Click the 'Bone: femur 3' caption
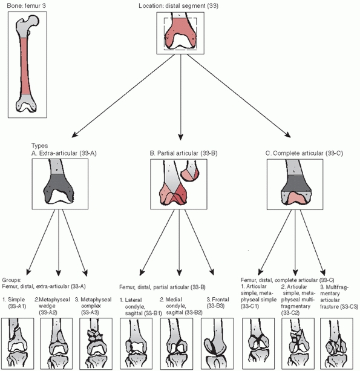pyautogui.click(x=26, y=5)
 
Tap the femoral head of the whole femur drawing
pyautogui.click(x=33, y=20)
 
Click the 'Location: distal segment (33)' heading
pyautogui.click(x=178, y=5)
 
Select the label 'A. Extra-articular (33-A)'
pyautogui.click(x=64, y=153)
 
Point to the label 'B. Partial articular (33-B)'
pyautogui.click(x=183, y=153)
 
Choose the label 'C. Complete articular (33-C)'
pyautogui.click(x=304, y=153)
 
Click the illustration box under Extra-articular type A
pyautogui.click(x=60, y=184)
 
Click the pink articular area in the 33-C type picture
pyautogui.click(x=295, y=197)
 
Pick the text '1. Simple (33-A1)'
pyautogui.click(x=14, y=303)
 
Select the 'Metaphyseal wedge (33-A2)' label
pyautogui.click(x=52, y=306)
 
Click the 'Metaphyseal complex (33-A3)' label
pyautogui.click(x=93, y=306)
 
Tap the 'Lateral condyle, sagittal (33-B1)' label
pyautogui.click(x=140, y=306)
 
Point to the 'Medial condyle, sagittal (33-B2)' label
pyautogui.click(x=181, y=306)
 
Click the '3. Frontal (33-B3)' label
pyautogui.click(x=218, y=303)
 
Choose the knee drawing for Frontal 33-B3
pyautogui.click(x=217, y=344)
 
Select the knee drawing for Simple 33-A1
pyautogui.click(x=18, y=344)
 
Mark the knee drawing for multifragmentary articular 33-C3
pyautogui.click(x=336, y=344)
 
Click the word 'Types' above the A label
pyautogui.click(x=40, y=146)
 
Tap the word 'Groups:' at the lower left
pyautogui.click(x=11, y=280)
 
